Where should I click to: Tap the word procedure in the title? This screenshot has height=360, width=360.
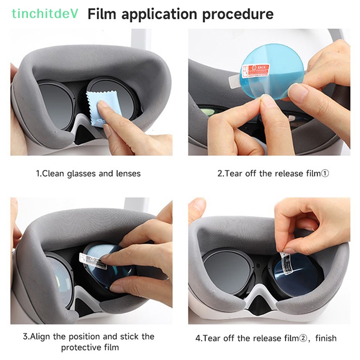click(x=237, y=14)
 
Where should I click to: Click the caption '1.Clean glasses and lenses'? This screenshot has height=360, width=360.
click(x=88, y=173)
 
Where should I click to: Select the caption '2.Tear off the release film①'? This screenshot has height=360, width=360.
click(x=273, y=173)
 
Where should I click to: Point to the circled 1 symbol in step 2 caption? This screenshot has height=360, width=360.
click(x=325, y=173)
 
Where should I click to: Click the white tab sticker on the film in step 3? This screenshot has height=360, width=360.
click(x=92, y=260)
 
